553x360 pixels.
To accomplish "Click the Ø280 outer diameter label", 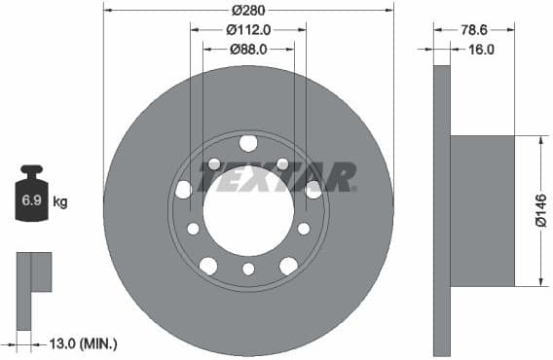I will [x=248, y=10].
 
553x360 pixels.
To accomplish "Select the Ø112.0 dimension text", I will [x=248, y=29].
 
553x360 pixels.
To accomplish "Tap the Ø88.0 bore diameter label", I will [x=248, y=48].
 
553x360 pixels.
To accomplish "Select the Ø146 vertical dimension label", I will [x=541, y=211].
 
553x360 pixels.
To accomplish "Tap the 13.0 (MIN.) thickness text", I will [x=84, y=342].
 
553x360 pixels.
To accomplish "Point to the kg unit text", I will [x=60, y=202].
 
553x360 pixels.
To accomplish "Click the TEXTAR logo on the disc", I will [x=276, y=177].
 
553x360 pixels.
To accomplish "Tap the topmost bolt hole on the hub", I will [x=248, y=144].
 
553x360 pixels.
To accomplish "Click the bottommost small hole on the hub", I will [x=248, y=270].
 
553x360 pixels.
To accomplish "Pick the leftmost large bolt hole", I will [x=184, y=190].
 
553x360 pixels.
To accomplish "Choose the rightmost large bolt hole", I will [x=313, y=190].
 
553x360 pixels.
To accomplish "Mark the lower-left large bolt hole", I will [x=208, y=266].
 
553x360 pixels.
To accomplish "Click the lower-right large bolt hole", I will [x=289, y=266].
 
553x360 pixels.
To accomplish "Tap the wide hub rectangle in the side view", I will [x=482, y=211].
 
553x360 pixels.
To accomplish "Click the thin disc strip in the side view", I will [x=442, y=211].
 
